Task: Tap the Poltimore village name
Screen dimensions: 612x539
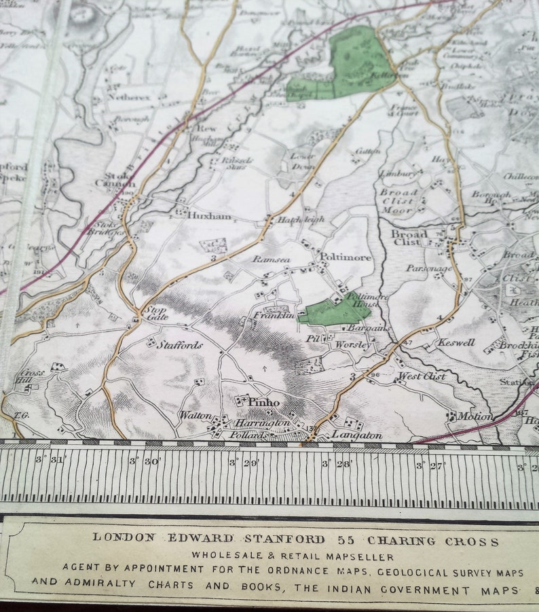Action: click(x=346, y=257)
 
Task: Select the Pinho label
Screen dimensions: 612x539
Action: click(x=263, y=401)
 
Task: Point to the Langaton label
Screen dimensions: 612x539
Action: click(x=357, y=435)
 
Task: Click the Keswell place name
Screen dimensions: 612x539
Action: click(x=456, y=342)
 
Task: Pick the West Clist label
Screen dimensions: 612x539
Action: click(x=421, y=376)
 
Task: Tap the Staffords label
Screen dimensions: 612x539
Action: click(x=179, y=345)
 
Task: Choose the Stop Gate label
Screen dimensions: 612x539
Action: click(x=156, y=313)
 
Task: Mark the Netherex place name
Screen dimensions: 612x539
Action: click(x=130, y=97)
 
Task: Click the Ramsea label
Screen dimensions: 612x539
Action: click(x=271, y=259)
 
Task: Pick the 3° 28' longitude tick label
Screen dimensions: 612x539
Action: click(x=336, y=463)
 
